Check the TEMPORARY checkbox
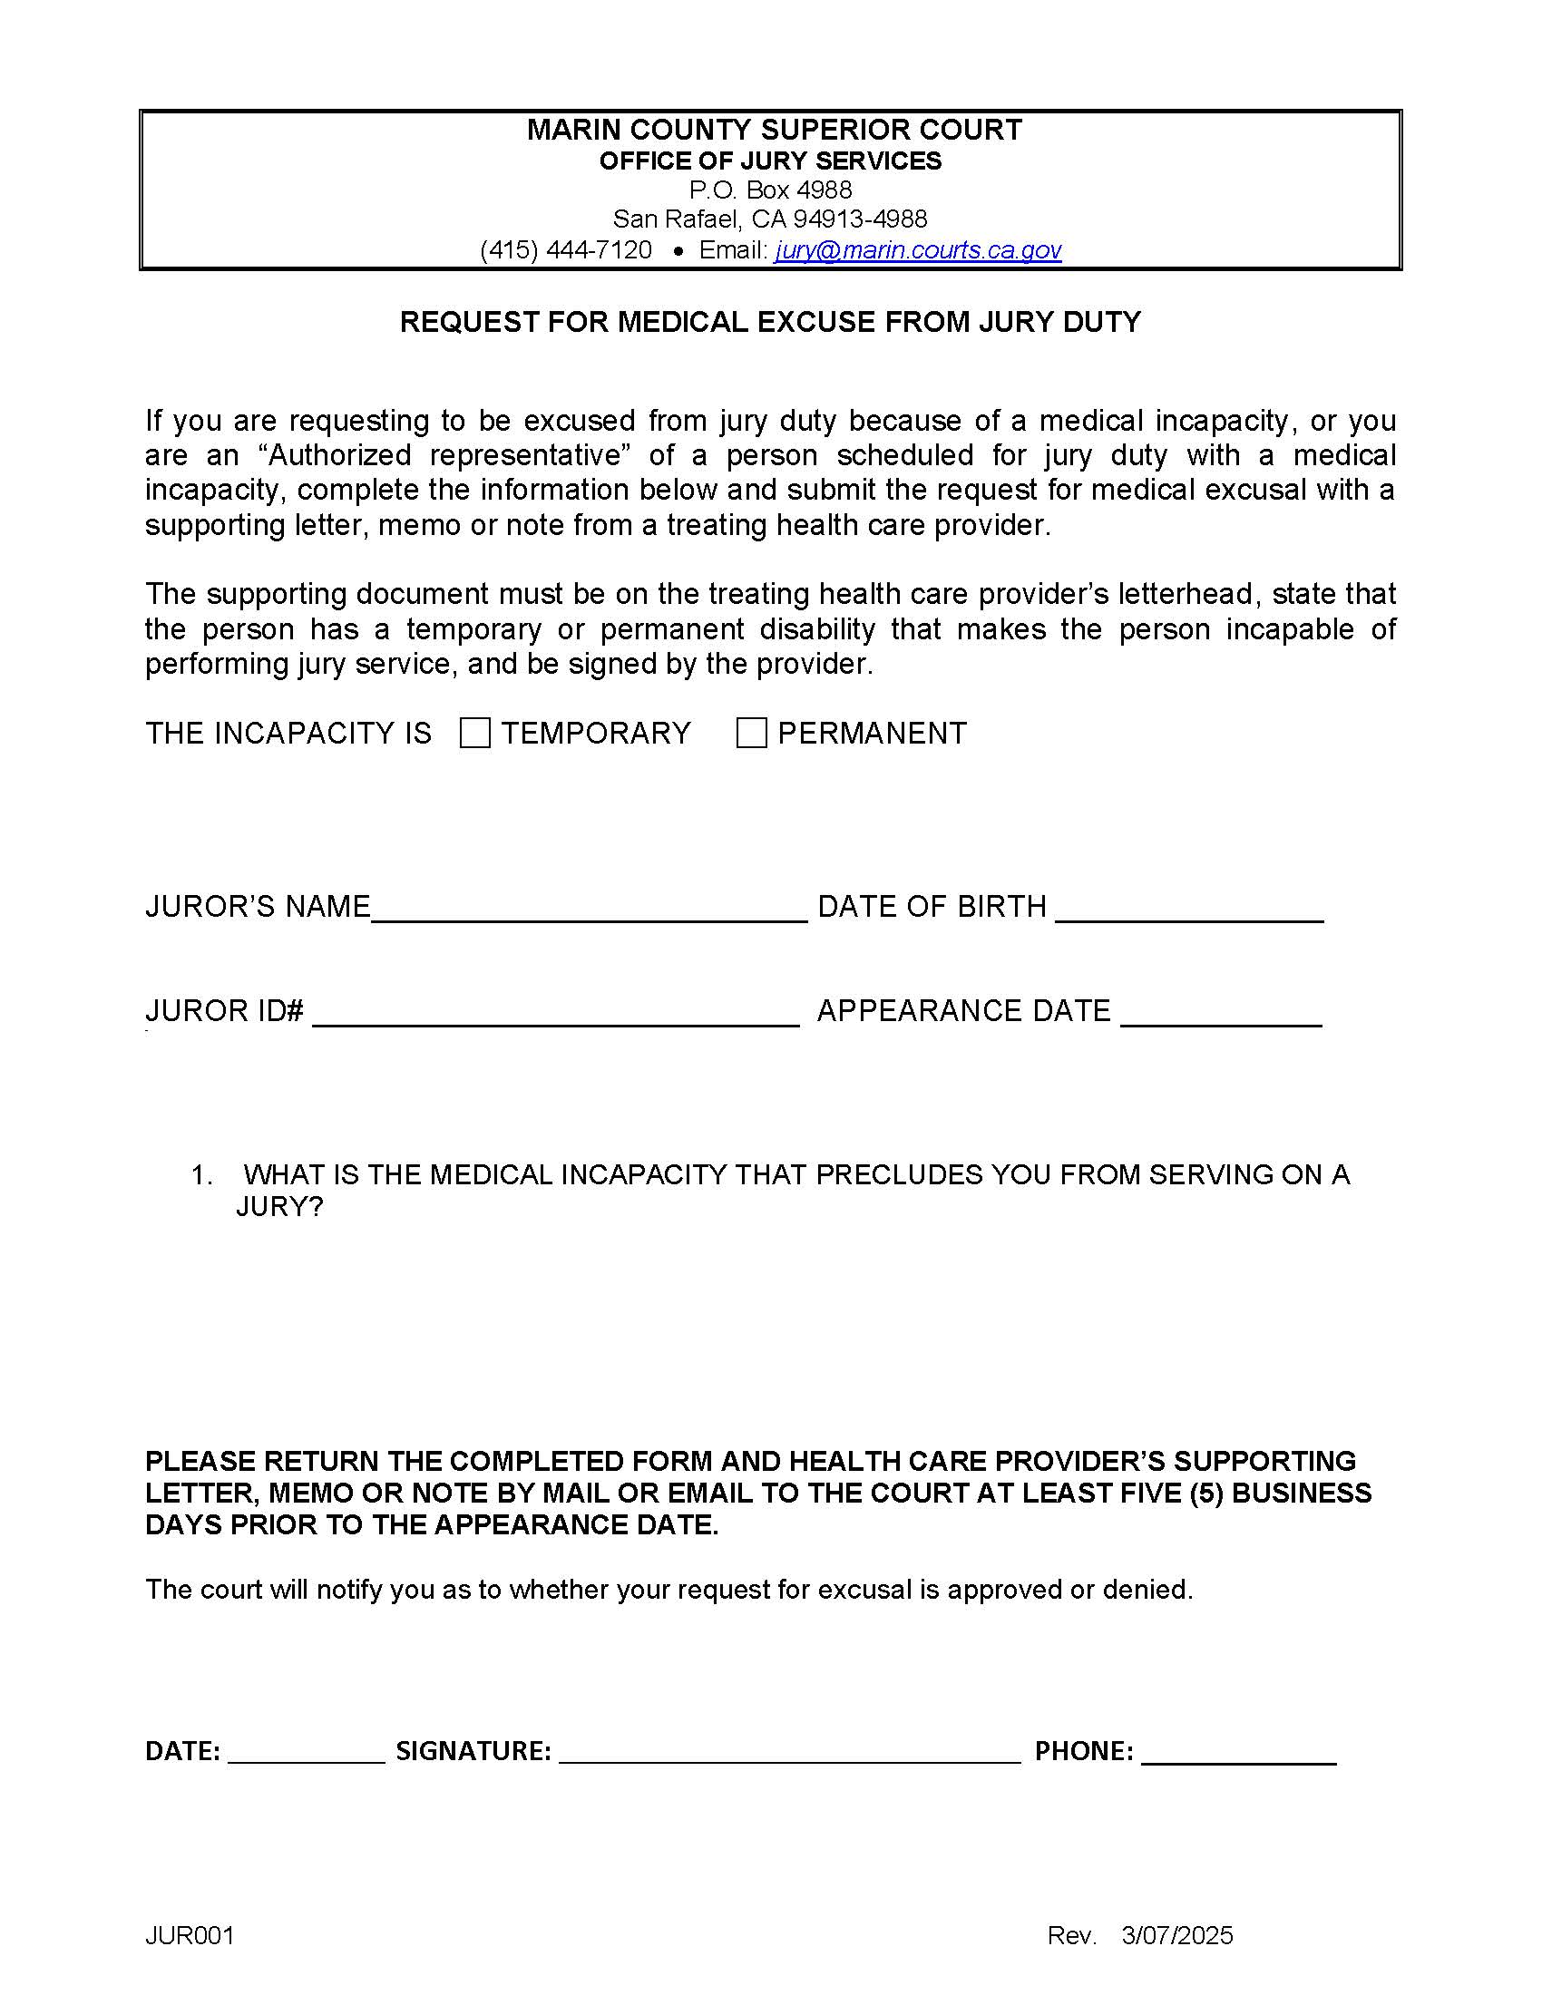[x=475, y=733]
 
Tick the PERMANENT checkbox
[x=751, y=733]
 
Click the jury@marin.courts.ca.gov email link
[x=917, y=249]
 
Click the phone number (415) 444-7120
[x=565, y=249]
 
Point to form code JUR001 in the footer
[x=190, y=1935]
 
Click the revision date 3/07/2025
[x=1176, y=1935]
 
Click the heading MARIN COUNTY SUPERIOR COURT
[x=774, y=130]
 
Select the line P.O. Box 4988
[x=770, y=190]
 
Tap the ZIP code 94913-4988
[x=860, y=219]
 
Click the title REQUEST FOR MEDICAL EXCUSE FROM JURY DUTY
[x=770, y=322]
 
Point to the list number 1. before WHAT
[x=201, y=1174]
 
